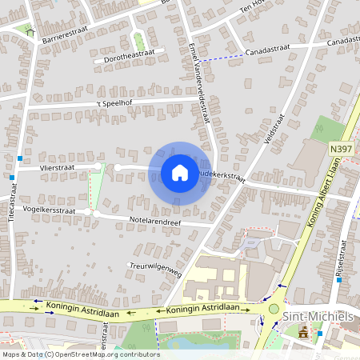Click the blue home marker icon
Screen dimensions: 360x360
[180, 173]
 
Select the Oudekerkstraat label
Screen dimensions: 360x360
[219, 174]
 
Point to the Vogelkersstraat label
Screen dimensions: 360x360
[49, 210]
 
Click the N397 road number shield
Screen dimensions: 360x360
[339, 148]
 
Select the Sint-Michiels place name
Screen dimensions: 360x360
[318, 317]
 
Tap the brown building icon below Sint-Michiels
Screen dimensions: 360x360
[303, 332]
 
